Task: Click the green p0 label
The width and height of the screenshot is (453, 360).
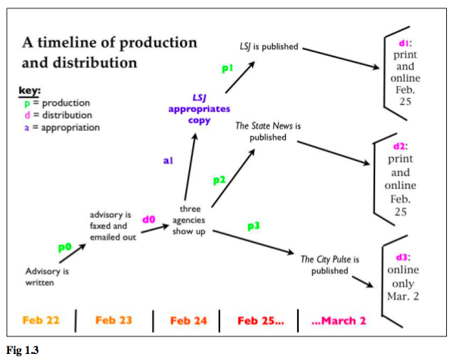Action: [x=65, y=247]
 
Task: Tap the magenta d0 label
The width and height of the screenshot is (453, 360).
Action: [x=149, y=219]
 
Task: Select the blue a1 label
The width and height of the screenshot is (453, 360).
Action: [x=168, y=160]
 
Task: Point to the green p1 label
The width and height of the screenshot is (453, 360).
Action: [x=228, y=68]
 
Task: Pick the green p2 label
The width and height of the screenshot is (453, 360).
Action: [x=219, y=180]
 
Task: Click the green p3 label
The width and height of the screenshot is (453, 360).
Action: [x=253, y=226]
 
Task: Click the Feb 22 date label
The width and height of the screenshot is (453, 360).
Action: [x=41, y=320]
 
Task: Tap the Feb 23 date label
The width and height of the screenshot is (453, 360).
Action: [x=113, y=320]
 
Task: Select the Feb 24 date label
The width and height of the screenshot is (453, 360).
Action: [x=188, y=321]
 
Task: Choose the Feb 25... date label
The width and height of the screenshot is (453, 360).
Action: [x=261, y=321]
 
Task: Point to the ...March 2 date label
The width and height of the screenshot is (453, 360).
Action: [x=339, y=321]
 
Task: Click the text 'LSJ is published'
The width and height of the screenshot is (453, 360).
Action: [x=269, y=47]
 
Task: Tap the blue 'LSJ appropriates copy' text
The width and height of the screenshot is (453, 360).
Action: [x=199, y=109]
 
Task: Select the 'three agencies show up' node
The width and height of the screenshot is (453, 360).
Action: [x=189, y=220]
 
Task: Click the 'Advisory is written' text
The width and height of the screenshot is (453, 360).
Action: [x=47, y=277]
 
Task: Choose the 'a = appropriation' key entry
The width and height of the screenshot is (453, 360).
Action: [x=62, y=127]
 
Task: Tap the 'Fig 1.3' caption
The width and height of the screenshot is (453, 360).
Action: [x=22, y=350]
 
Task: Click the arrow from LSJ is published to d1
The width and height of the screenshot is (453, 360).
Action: [x=341, y=58]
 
